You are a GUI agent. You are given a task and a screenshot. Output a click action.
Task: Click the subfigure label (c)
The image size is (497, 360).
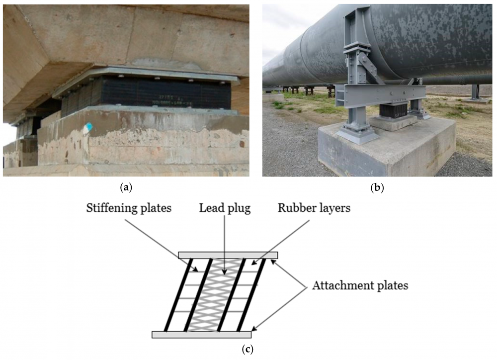(247, 350)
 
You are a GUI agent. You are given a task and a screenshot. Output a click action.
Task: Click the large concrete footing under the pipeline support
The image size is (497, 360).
(388, 149)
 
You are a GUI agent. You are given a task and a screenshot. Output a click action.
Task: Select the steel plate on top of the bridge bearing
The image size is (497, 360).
(149, 75)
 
